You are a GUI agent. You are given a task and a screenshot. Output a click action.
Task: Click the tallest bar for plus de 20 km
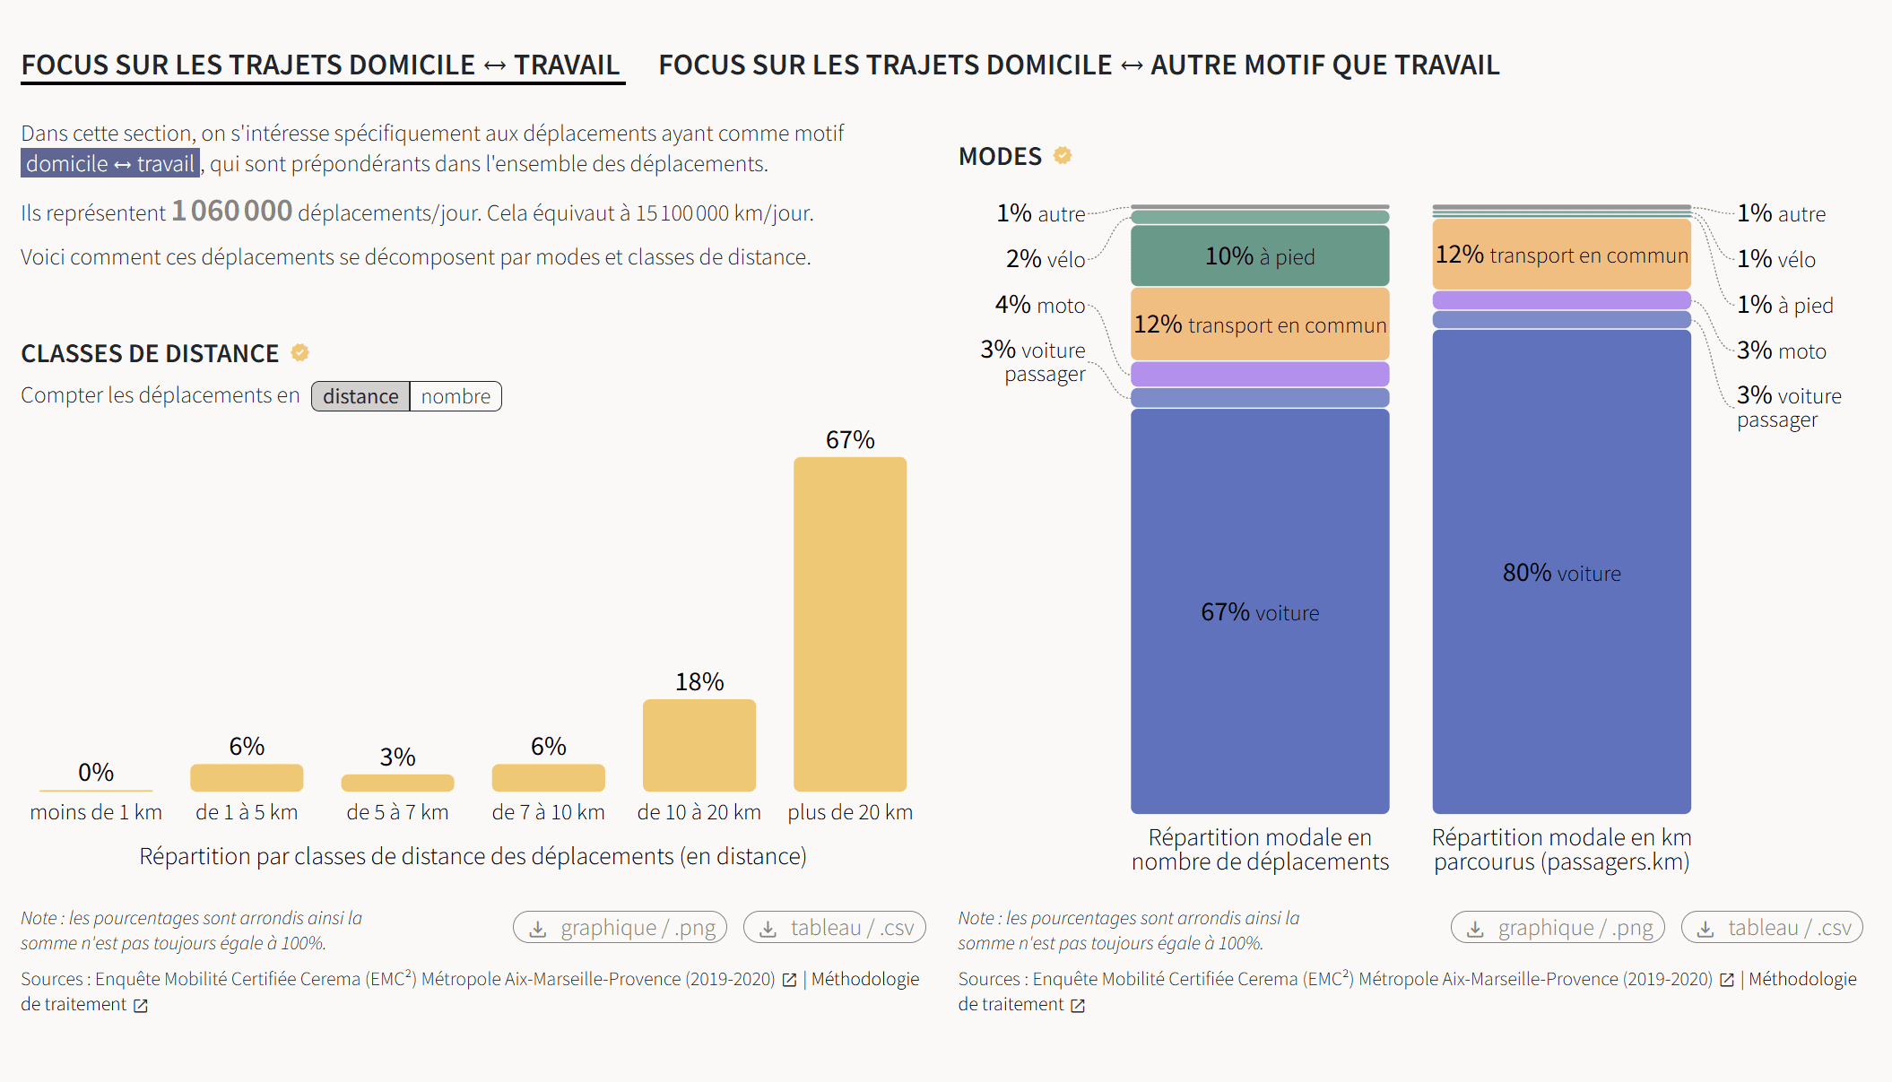(x=849, y=624)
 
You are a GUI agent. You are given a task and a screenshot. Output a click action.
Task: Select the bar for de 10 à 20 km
(x=699, y=745)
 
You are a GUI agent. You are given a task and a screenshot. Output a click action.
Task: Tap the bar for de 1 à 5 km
(x=247, y=777)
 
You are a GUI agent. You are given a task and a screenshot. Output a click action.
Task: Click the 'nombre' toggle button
(x=456, y=396)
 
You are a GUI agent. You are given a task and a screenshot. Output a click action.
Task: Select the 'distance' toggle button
(x=360, y=396)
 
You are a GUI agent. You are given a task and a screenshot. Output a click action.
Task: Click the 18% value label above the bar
(x=699, y=682)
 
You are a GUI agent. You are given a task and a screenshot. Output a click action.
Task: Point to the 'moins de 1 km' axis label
(x=96, y=812)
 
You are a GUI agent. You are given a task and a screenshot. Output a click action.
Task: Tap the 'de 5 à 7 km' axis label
(x=397, y=812)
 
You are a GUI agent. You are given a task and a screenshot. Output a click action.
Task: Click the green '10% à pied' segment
(x=1259, y=256)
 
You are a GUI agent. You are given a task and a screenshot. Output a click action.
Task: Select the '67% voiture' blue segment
(x=1259, y=611)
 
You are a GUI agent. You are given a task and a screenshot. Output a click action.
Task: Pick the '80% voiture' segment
(x=1561, y=572)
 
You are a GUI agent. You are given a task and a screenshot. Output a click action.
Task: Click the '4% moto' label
(x=1040, y=305)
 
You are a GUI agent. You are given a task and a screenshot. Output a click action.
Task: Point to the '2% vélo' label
(x=1046, y=259)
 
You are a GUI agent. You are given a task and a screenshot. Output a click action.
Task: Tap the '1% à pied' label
(x=1784, y=305)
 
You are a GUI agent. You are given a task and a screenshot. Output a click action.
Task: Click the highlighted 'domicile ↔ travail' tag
(x=110, y=163)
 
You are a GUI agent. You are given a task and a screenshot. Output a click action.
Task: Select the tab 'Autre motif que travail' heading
(x=1079, y=65)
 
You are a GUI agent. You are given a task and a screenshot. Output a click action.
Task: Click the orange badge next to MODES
(x=1063, y=155)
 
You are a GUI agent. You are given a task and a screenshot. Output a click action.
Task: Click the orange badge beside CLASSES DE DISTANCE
(x=300, y=352)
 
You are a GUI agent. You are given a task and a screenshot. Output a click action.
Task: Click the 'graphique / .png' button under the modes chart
(x=1558, y=927)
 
